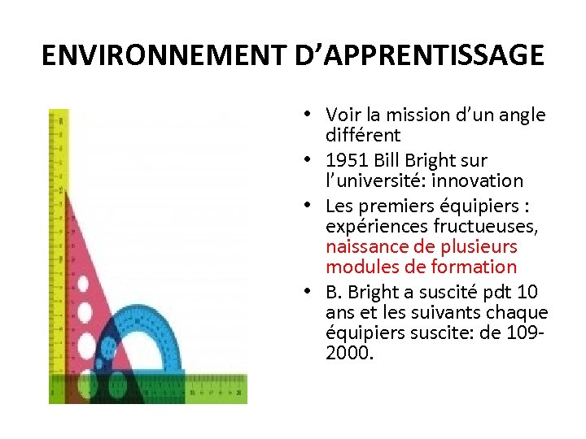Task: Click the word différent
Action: [x=363, y=134]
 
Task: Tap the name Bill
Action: [x=390, y=161]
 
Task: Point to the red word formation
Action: [x=482, y=267]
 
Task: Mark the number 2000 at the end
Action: [x=348, y=354]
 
